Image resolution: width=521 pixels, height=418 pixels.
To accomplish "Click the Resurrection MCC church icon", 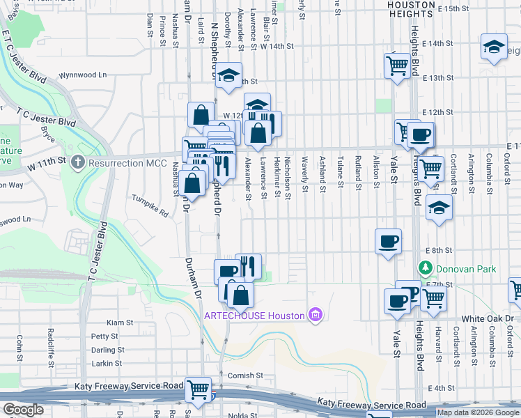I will (x=77, y=162).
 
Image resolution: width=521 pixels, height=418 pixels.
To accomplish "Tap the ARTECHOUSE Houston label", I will (x=255, y=316).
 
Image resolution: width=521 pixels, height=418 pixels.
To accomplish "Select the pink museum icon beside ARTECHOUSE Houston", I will (x=316, y=316).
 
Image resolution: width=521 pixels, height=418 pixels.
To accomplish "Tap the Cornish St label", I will (x=244, y=375).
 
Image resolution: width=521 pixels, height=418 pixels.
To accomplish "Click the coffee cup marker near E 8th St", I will (x=388, y=241).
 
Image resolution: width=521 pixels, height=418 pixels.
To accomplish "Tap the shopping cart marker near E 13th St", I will (x=397, y=66).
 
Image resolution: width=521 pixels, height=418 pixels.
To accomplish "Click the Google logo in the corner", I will (x=22, y=410).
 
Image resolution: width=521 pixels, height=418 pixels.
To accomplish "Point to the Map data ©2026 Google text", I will (x=478, y=412).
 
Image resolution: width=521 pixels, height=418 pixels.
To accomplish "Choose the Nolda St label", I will (x=242, y=415).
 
